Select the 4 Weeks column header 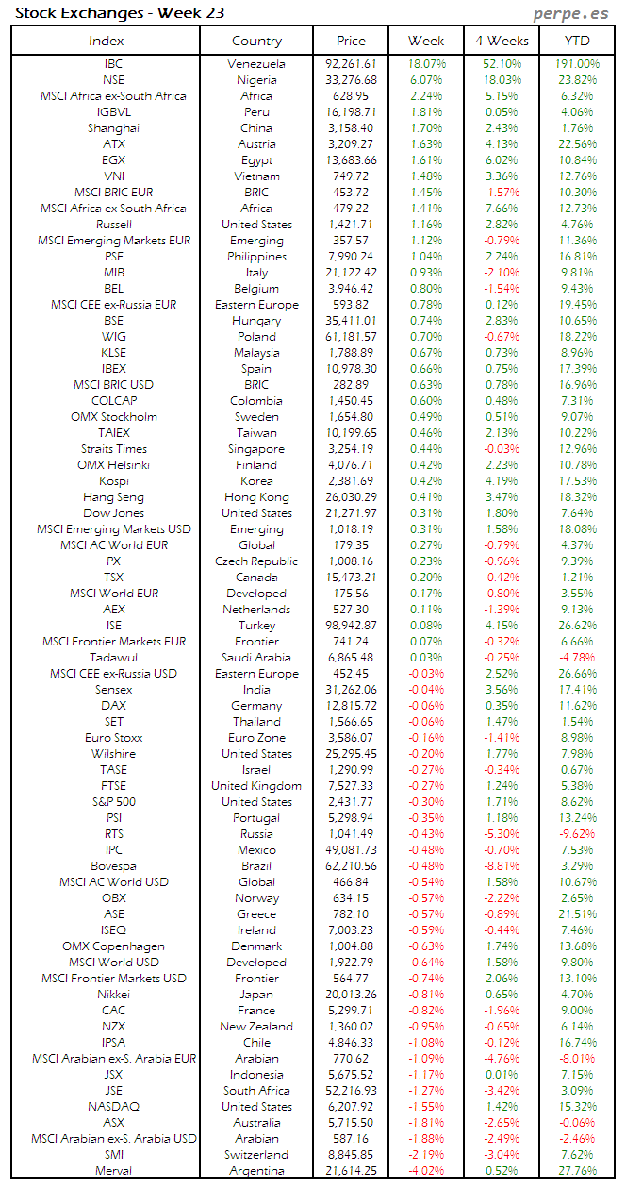[x=502, y=41]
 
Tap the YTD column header [x=577, y=41]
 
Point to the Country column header [x=256, y=41]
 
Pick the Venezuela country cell [x=256, y=64]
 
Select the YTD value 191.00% [x=577, y=64]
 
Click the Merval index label [x=113, y=1170]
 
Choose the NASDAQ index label [x=113, y=1106]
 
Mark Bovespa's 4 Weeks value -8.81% [x=502, y=865]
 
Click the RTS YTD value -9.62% [x=577, y=833]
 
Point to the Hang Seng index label [x=113, y=497]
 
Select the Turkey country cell [x=256, y=626]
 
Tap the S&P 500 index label [x=113, y=801]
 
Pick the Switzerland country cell [x=256, y=1154]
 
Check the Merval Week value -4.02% [x=426, y=1170]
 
